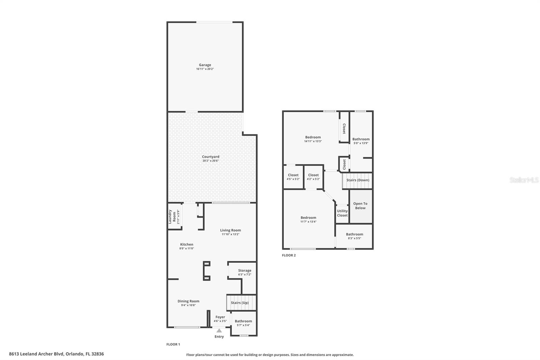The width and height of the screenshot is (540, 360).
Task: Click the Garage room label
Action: [x=205, y=65]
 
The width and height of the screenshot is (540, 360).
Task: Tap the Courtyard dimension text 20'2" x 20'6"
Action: [x=211, y=161]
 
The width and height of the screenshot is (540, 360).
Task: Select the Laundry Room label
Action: [x=172, y=217]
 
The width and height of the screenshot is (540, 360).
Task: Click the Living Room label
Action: [x=231, y=230]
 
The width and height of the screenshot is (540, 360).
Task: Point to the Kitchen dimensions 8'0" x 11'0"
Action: [x=187, y=249]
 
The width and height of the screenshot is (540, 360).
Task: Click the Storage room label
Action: [x=245, y=271]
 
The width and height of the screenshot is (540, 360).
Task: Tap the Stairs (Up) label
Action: [x=240, y=303]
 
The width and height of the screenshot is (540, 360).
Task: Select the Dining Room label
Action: [x=188, y=301]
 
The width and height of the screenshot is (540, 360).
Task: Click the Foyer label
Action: [x=220, y=317]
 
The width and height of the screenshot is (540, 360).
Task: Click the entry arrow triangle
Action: [x=219, y=331]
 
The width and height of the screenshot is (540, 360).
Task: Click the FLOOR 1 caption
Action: [x=173, y=344]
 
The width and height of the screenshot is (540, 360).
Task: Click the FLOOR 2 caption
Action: [x=289, y=255]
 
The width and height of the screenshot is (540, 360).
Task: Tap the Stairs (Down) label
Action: [x=358, y=180]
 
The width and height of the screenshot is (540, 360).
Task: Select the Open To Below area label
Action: [x=360, y=206]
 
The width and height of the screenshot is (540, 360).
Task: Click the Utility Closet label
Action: [x=342, y=213]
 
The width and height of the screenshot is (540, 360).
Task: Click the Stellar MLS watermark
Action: [x=524, y=180]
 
